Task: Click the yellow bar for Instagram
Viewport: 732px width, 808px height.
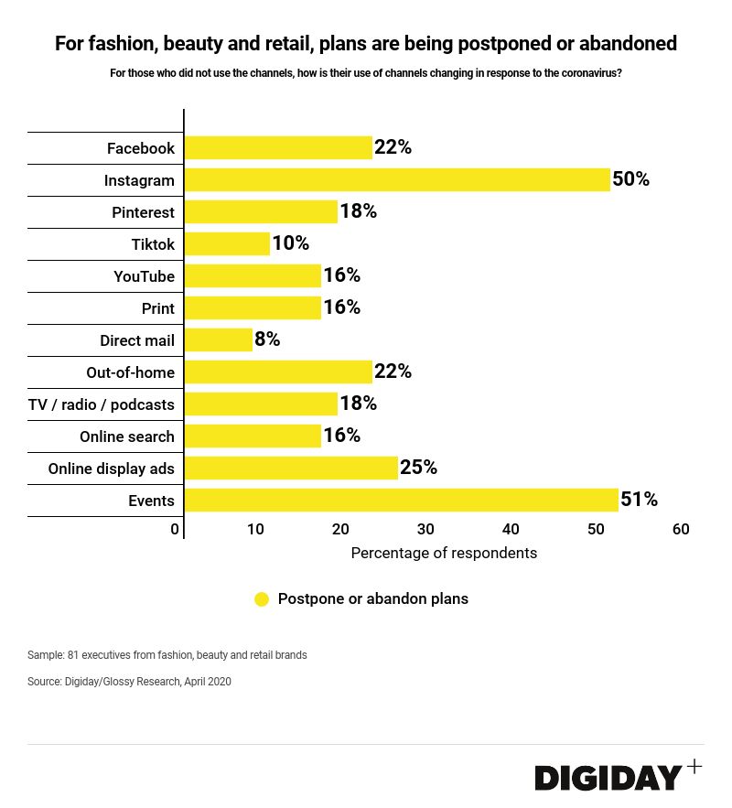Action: tap(397, 179)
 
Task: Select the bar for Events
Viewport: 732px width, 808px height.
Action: tap(401, 500)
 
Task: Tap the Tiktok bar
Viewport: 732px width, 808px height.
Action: tap(227, 243)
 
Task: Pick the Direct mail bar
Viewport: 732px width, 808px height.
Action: tap(218, 339)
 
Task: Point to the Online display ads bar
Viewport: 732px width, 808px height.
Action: tap(291, 468)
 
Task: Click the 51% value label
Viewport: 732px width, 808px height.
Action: tap(639, 500)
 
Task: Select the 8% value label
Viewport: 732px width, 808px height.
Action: tap(267, 339)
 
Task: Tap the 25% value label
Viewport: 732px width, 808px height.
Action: tap(418, 468)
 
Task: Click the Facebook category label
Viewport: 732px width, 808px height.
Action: tap(140, 148)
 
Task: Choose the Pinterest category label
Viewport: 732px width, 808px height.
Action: tap(143, 212)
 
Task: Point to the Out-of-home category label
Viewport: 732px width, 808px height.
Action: tap(130, 372)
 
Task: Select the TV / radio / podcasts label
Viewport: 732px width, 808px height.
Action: tap(102, 404)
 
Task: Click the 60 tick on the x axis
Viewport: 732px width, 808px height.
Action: tap(680, 529)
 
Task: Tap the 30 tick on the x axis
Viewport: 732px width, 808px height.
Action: tap(425, 529)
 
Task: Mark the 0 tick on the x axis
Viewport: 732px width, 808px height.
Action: tap(175, 529)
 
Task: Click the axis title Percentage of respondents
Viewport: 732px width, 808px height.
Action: tap(444, 553)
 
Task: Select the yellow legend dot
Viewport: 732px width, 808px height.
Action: tap(262, 599)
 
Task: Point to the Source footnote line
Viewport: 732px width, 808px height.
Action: tap(129, 682)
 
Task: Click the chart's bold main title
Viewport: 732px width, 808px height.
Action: tap(366, 43)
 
